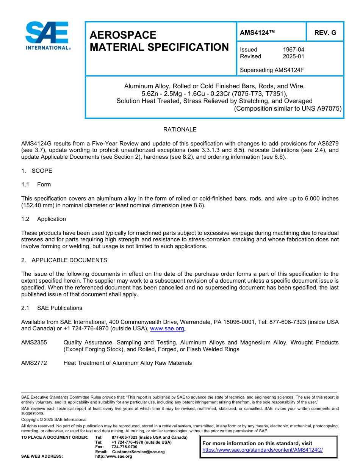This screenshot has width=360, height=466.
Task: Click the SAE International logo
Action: pos(47,36)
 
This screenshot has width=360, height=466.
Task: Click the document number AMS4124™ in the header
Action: pos(257,33)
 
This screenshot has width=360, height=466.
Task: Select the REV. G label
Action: pos(325,33)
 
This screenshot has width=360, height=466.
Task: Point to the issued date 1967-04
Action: pos(293,50)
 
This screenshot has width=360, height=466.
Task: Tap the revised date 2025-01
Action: pos(293,56)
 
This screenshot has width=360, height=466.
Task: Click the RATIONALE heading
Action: pos(180,130)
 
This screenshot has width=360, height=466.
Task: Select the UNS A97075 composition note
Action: pos(288,108)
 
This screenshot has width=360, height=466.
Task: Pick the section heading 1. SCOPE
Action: pos(37,171)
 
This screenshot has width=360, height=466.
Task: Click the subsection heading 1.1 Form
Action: pos(36,185)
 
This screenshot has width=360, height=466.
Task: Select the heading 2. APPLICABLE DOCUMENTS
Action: pos(64,260)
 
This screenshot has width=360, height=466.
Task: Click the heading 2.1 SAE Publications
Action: pos(52,308)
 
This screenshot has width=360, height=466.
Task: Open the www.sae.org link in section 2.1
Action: pos(167,329)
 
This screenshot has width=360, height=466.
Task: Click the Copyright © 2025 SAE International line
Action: pos(54,420)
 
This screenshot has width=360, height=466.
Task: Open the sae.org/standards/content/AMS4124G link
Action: pos(262,450)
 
